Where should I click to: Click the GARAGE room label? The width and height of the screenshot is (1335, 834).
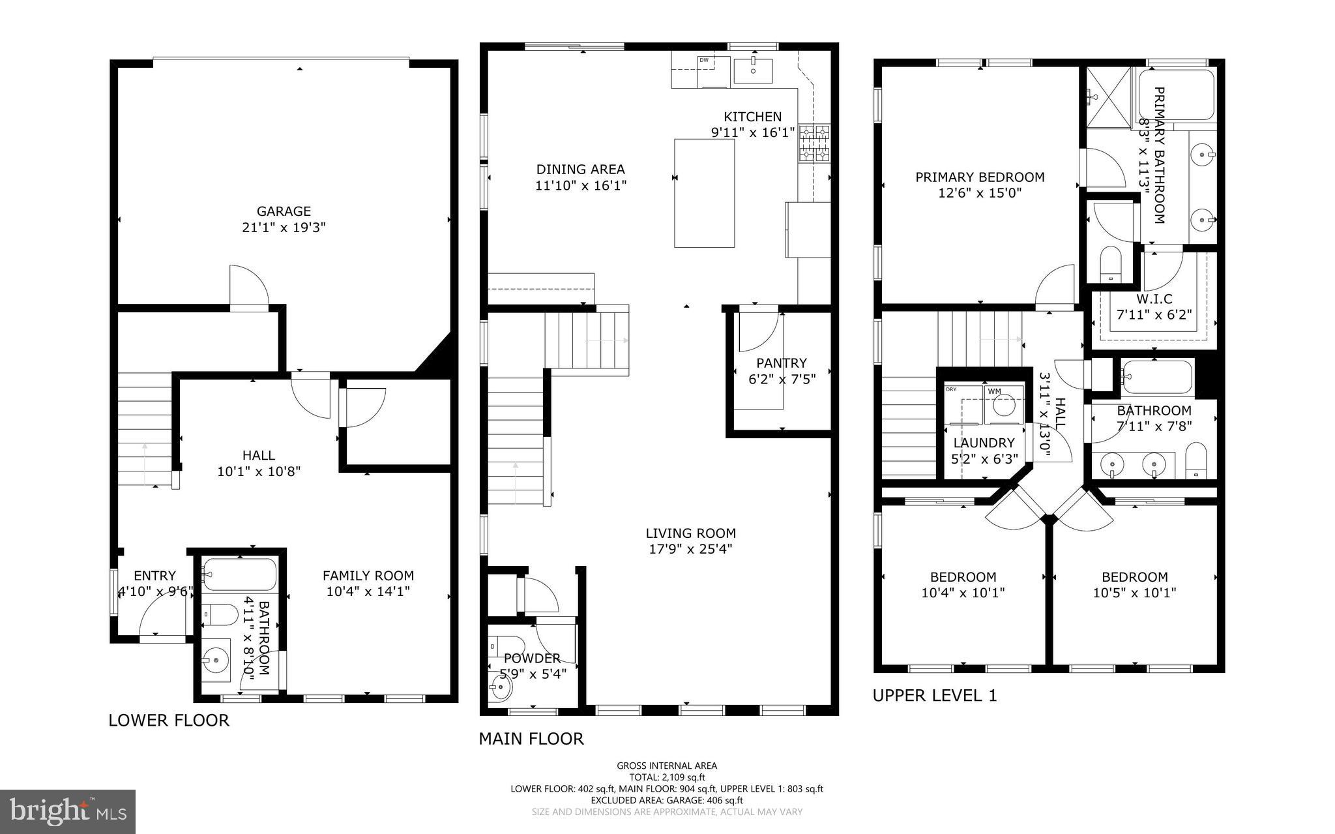(283, 211)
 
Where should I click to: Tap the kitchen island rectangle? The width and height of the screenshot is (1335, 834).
(704, 193)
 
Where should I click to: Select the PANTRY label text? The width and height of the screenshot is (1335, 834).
(781, 363)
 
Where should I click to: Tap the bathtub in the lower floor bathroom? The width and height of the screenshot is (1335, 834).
(239, 574)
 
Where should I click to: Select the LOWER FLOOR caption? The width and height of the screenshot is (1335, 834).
(169, 721)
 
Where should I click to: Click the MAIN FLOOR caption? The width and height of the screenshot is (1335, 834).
(531, 739)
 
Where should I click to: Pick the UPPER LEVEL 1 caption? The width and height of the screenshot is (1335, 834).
(935, 696)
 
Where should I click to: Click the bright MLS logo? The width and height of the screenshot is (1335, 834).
(68, 811)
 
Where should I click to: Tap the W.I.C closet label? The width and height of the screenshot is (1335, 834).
(1154, 299)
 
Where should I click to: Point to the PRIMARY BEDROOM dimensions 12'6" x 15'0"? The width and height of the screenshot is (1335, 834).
(979, 193)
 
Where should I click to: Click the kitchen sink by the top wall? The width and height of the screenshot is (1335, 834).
(753, 70)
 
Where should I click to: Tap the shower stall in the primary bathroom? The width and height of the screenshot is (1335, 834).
(1109, 97)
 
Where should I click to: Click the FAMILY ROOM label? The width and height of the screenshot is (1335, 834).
(368, 576)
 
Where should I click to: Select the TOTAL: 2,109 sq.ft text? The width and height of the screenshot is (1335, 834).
(667, 777)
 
